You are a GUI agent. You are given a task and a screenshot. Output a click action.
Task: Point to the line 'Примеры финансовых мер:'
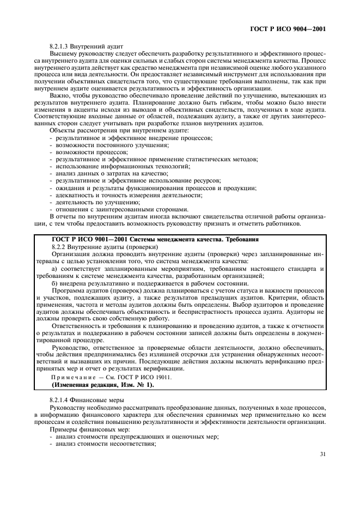click(x=82, y=429)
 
